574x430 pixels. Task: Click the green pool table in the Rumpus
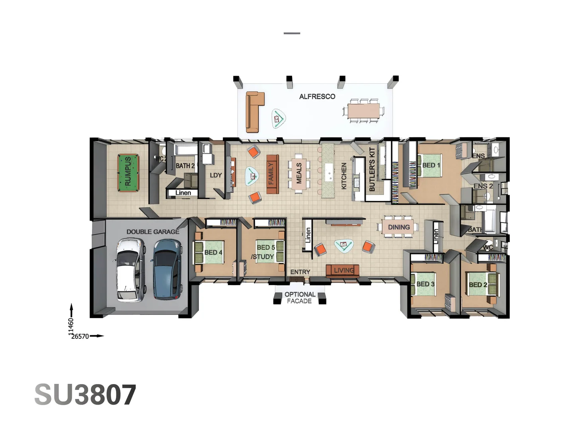pos(128,173)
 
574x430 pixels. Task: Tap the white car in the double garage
pos(130,269)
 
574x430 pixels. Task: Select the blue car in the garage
pos(167,269)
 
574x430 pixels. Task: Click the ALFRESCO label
pos(317,97)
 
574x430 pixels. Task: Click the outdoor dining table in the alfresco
pos(364,110)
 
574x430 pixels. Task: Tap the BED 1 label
pos(431,165)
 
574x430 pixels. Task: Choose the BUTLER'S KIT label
pos(372,169)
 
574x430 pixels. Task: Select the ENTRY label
pos(300,272)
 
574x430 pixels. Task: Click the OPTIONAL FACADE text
pos(300,298)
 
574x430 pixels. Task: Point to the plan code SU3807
pos(85,395)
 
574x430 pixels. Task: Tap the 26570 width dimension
pos(80,336)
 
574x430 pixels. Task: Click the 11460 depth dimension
pos(71,326)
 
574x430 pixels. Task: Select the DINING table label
pos(399,227)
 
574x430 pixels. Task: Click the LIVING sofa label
pos(344,271)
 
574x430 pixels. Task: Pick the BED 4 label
pos(213,252)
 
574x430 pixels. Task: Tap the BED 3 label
pos(425,284)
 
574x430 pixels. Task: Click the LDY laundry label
pos(216,175)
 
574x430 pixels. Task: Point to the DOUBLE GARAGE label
pos(153,232)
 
